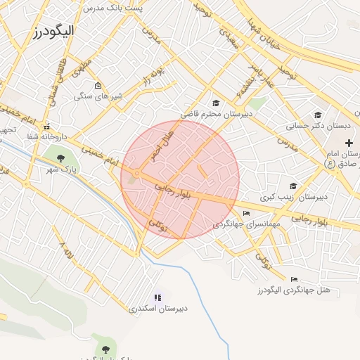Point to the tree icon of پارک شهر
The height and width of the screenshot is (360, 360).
[60, 157]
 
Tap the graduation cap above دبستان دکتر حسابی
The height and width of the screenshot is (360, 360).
[318, 115]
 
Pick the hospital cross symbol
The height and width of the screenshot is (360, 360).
[348, 143]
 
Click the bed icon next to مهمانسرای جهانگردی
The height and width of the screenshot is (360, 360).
[245, 214]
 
